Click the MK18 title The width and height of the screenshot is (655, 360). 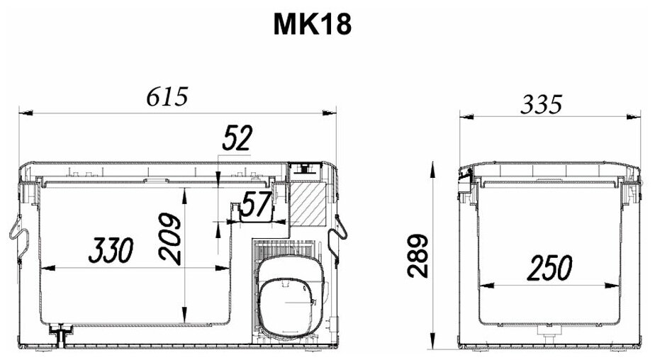312,24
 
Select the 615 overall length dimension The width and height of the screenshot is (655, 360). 167,97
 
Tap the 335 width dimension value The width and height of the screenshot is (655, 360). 542,104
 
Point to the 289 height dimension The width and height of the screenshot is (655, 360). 418,256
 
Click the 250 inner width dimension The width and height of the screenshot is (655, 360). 550,268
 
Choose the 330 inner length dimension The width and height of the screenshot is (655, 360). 111,250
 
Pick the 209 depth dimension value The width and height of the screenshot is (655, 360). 169,239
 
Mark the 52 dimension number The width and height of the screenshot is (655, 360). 237,137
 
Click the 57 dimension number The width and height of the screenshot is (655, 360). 257,205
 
